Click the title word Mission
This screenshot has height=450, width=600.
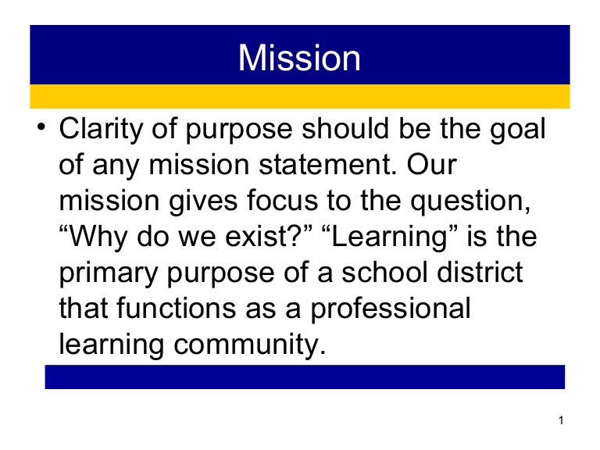coord(299,58)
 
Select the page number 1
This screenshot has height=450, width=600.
coord(562,423)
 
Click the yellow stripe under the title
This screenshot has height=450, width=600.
coord(299,97)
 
